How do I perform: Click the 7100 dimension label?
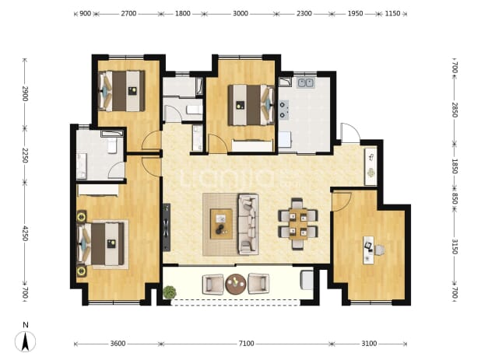click(x=246, y=344)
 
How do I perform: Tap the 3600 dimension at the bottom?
click(x=118, y=344)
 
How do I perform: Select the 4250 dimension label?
click(x=26, y=233)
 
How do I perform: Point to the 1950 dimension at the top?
click(x=355, y=13)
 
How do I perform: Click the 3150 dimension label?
click(x=455, y=246)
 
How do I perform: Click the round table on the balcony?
click(x=236, y=284)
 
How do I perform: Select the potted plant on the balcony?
click(x=170, y=292)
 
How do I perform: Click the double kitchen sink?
click(x=305, y=82)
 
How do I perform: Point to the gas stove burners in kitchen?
click(x=283, y=110)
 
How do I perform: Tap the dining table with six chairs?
click(x=298, y=225)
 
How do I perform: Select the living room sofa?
click(x=248, y=224)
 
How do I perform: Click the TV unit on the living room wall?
click(x=167, y=227)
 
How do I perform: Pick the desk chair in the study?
click(x=380, y=250)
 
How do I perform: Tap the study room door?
click(x=341, y=201)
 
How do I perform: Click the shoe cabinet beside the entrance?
click(x=371, y=166)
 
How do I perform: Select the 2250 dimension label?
click(x=26, y=156)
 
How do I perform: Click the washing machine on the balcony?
click(x=307, y=280)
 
